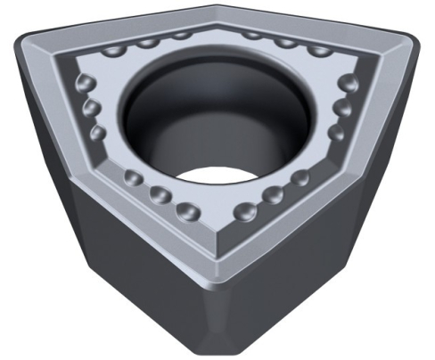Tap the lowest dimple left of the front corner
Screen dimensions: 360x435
[187, 210]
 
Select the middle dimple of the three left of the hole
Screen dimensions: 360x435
[91, 109]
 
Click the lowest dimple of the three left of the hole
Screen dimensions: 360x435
[98, 133]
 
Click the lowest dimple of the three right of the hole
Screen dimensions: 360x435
[335, 133]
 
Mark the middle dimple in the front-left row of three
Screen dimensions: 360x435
[161, 194]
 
